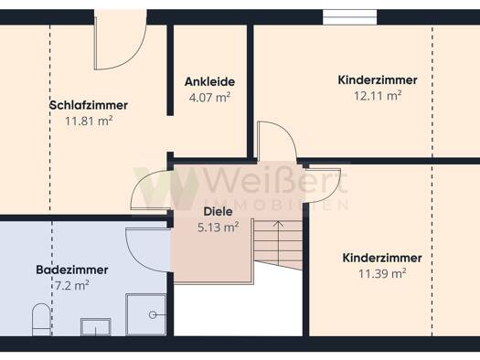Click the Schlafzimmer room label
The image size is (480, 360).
[x=89, y=105]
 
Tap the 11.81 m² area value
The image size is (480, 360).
[x=89, y=122]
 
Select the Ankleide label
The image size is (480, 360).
[x=210, y=81]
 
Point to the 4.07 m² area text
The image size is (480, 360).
[x=209, y=98]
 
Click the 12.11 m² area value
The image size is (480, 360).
[x=378, y=96]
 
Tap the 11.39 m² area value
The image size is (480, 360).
[x=382, y=273]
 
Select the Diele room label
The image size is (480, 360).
[x=219, y=212]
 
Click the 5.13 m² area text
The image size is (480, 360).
[x=219, y=228]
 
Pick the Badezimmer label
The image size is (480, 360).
[x=72, y=270]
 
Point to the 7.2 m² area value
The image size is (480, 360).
[x=72, y=286]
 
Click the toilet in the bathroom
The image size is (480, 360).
[x=41, y=319]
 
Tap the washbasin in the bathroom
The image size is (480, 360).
[x=95, y=327]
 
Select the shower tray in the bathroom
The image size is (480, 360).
[x=146, y=314]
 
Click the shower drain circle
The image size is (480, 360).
[x=153, y=314]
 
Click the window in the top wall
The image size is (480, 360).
[x=349, y=17]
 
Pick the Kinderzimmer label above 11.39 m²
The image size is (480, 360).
[x=382, y=258]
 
